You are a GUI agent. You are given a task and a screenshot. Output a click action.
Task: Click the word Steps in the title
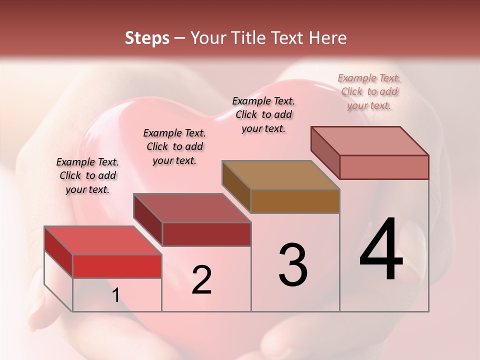[x=147, y=38]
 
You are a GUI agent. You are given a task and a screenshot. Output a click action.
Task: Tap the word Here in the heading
[x=328, y=38]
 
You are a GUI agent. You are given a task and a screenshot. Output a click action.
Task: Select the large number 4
[x=381, y=250]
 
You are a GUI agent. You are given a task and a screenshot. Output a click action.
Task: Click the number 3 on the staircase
[x=293, y=265]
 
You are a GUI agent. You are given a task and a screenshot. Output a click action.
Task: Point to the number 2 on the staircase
[x=201, y=280]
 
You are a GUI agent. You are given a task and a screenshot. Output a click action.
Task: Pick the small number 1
[x=115, y=295]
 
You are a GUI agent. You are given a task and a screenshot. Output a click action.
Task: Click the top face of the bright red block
[x=103, y=240]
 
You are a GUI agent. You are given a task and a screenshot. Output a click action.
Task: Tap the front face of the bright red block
[x=117, y=266]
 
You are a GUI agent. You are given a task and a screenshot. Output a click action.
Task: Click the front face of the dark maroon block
[x=206, y=234]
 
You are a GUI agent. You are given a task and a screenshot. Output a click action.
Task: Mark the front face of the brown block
[x=295, y=201]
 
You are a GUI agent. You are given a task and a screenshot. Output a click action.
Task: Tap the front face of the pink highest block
[x=384, y=167]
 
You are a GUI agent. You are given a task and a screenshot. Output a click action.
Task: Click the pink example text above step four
[x=369, y=91]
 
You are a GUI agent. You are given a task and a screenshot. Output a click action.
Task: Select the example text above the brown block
[x=263, y=114]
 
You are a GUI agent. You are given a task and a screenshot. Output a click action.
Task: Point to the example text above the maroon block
[x=174, y=146]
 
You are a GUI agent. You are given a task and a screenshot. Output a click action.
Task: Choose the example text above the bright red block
[x=87, y=175]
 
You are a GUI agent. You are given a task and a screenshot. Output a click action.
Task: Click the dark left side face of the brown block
[x=236, y=187]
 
